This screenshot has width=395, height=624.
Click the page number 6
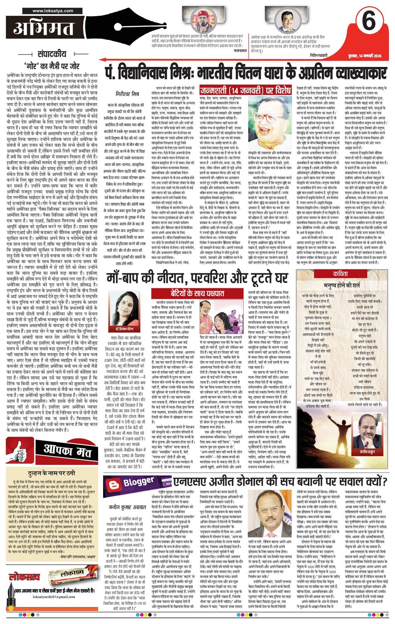368,22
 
